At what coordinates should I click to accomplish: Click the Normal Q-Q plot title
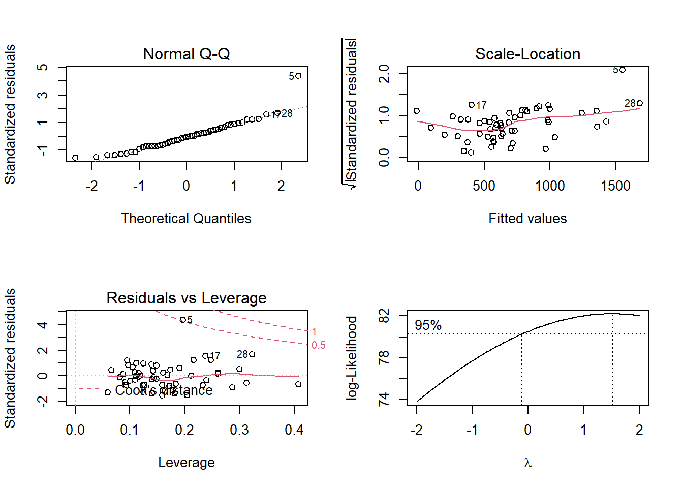187,54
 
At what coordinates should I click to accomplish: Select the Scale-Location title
527,54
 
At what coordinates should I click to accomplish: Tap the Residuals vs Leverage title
187,298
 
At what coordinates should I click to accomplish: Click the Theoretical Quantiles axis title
186,219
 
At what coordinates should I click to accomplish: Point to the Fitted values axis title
527,219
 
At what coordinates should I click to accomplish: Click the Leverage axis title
187,463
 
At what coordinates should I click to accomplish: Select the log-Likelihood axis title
352,357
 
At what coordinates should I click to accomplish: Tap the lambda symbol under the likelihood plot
527,463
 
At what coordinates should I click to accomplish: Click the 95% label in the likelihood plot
428,325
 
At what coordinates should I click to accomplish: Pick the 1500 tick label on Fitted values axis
615,186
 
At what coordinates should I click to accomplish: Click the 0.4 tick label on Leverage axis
294,430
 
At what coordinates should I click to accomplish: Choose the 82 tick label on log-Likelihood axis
384,316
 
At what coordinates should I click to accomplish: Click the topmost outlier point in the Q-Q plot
298,76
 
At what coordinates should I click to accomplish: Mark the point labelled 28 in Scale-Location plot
640,103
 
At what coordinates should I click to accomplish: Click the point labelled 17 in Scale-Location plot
472,105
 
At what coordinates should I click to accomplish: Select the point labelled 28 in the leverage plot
252,354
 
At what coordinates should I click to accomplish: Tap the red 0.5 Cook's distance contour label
319,346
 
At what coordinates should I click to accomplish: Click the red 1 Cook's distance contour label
314,332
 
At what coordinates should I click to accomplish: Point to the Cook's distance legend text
164,390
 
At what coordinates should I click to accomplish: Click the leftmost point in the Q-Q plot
75,158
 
